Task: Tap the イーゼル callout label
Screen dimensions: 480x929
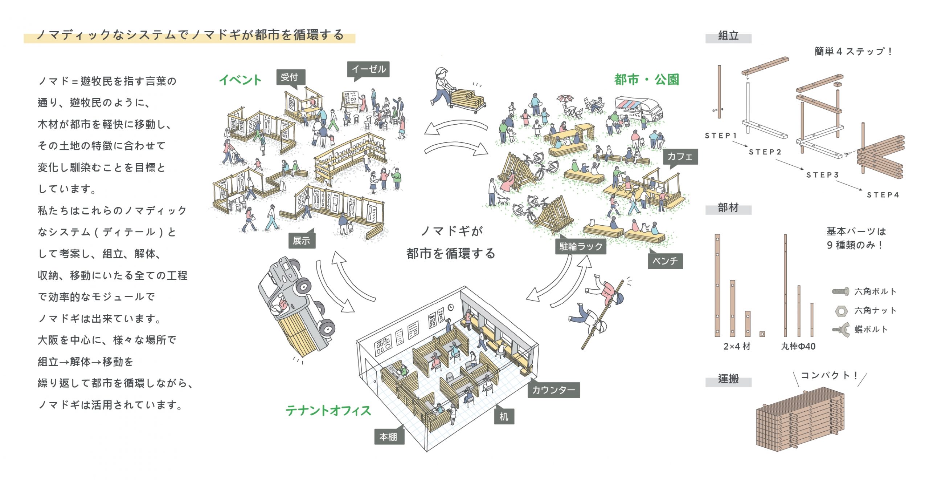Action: click(x=368, y=69)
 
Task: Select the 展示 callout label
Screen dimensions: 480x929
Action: click(x=302, y=241)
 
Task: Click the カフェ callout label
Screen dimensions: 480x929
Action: click(x=680, y=157)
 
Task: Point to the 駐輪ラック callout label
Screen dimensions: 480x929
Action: click(x=581, y=247)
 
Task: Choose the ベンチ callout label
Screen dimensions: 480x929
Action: click(x=665, y=261)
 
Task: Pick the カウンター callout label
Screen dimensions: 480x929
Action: click(x=553, y=390)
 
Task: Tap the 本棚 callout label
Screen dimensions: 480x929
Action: click(x=389, y=437)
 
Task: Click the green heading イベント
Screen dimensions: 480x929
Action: click(x=240, y=80)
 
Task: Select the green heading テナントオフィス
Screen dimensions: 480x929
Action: click(x=328, y=411)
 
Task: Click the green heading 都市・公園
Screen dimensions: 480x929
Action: click(x=646, y=79)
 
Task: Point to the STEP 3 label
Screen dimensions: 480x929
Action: click(x=822, y=175)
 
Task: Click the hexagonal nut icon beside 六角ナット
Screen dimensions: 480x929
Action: click(x=841, y=311)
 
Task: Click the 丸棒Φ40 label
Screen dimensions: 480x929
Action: click(x=798, y=347)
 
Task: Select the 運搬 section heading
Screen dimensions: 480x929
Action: click(x=728, y=379)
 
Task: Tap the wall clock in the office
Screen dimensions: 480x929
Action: click(x=450, y=307)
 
